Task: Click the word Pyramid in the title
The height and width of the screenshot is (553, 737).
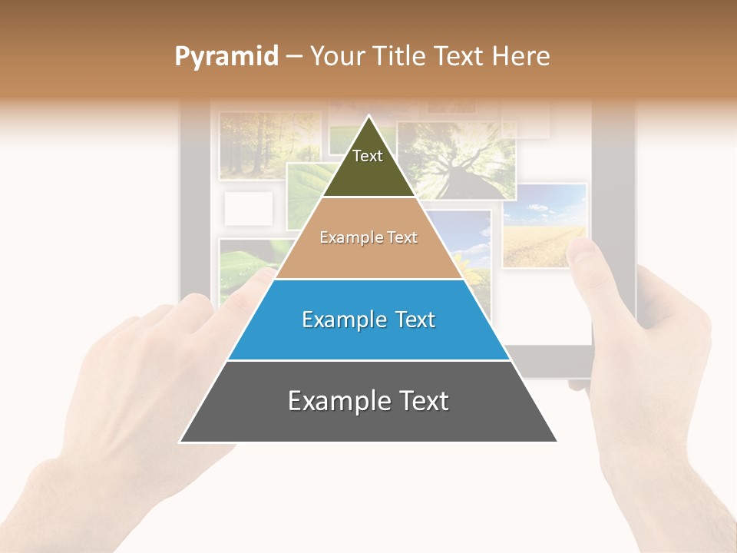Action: [226, 57]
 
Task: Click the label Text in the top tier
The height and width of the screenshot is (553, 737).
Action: [368, 156]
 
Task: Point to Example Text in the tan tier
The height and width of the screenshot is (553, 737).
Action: [368, 237]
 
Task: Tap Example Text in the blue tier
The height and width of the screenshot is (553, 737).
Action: [368, 320]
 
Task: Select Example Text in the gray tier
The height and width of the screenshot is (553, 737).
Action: [368, 401]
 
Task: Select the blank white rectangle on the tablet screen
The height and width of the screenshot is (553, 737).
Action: [249, 208]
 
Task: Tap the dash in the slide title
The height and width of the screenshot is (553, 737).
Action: [293, 57]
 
